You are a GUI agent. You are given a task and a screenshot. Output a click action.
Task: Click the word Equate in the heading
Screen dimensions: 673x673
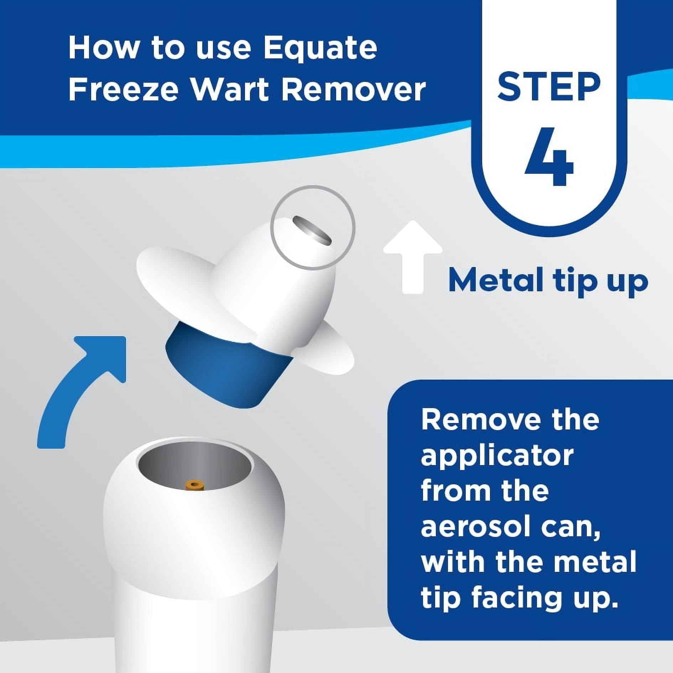pyautogui.click(x=320, y=49)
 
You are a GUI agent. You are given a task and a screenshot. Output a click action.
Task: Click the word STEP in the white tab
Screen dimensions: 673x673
pyautogui.click(x=549, y=85)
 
